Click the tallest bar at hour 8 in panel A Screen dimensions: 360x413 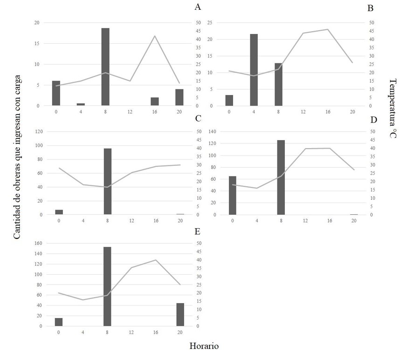pos(105,67)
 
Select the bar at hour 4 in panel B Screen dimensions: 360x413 pos(254,70)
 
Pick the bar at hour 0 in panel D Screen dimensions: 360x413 pos(233,195)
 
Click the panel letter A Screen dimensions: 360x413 pos(198,7)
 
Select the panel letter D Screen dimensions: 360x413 pos(373,120)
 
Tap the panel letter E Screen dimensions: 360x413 pos(198,231)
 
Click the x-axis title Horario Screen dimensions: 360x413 pos(204,346)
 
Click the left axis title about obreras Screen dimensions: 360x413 pos(17,157)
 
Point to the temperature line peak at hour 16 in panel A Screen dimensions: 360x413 pos(155,36)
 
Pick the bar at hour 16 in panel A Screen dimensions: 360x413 pos(155,102)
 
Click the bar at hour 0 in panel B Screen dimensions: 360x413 pos(229,100)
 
